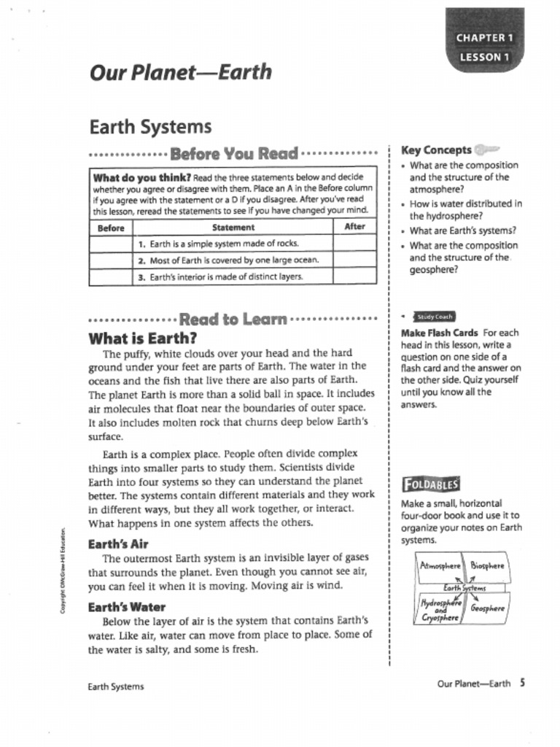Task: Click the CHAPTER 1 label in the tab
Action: click(485, 37)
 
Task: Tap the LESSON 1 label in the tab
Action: click(485, 57)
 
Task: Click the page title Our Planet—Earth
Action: click(180, 73)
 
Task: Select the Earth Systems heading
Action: click(150, 127)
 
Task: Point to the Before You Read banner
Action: click(233, 154)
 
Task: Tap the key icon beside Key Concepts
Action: click(487, 150)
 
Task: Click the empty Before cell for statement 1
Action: click(111, 243)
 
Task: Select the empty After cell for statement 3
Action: click(354, 276)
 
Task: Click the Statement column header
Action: click(233, 227)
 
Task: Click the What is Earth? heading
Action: click(143, 338)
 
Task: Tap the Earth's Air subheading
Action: click(118, 544)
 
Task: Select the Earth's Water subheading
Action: click(126, 607)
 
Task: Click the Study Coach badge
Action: click(435, 317)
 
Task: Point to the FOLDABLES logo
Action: click(431, 484)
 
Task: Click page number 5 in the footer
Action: click(523, 684)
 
